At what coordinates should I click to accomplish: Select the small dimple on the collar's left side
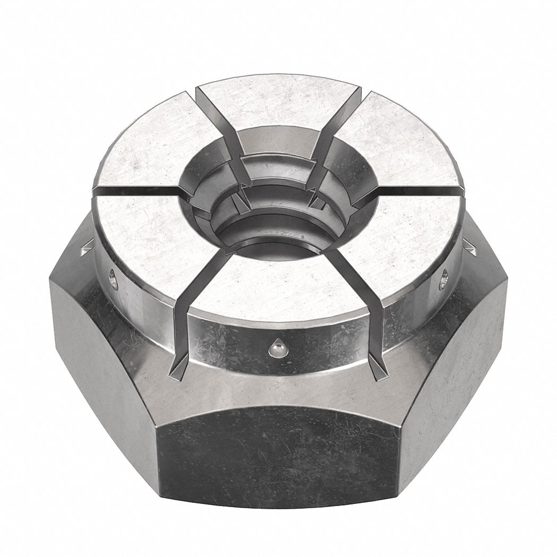click(x=112, y=278)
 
